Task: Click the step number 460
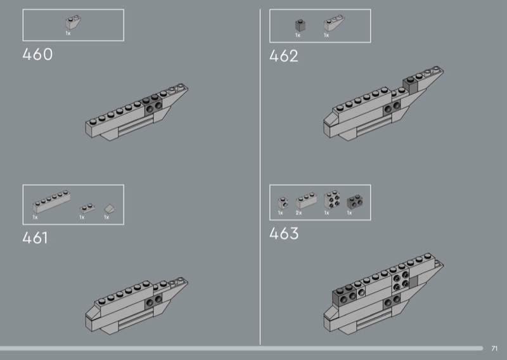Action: coord(37,55)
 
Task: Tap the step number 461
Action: coord(35,238)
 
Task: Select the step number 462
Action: coord(283,56)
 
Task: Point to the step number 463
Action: coord(284,233)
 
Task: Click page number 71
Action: coord(494,349)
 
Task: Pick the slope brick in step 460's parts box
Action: coord(73,22)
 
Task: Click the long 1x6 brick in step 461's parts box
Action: coord(51,201)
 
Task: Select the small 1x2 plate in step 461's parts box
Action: coord(87,209)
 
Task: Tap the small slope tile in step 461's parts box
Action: coord(109,209)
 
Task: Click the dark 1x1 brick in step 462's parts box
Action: coord(300,25)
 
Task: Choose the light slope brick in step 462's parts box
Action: coord(334,23)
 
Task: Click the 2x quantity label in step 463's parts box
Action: coord(298,213)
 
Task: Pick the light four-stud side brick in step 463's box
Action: coord(331,199)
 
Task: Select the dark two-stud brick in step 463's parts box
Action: coord(354,202)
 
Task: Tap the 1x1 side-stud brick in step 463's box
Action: coord(283,203)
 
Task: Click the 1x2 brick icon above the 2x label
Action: coord(306,201)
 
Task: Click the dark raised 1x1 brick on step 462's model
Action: coord(410,85)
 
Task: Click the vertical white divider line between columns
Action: coord(260,177)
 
